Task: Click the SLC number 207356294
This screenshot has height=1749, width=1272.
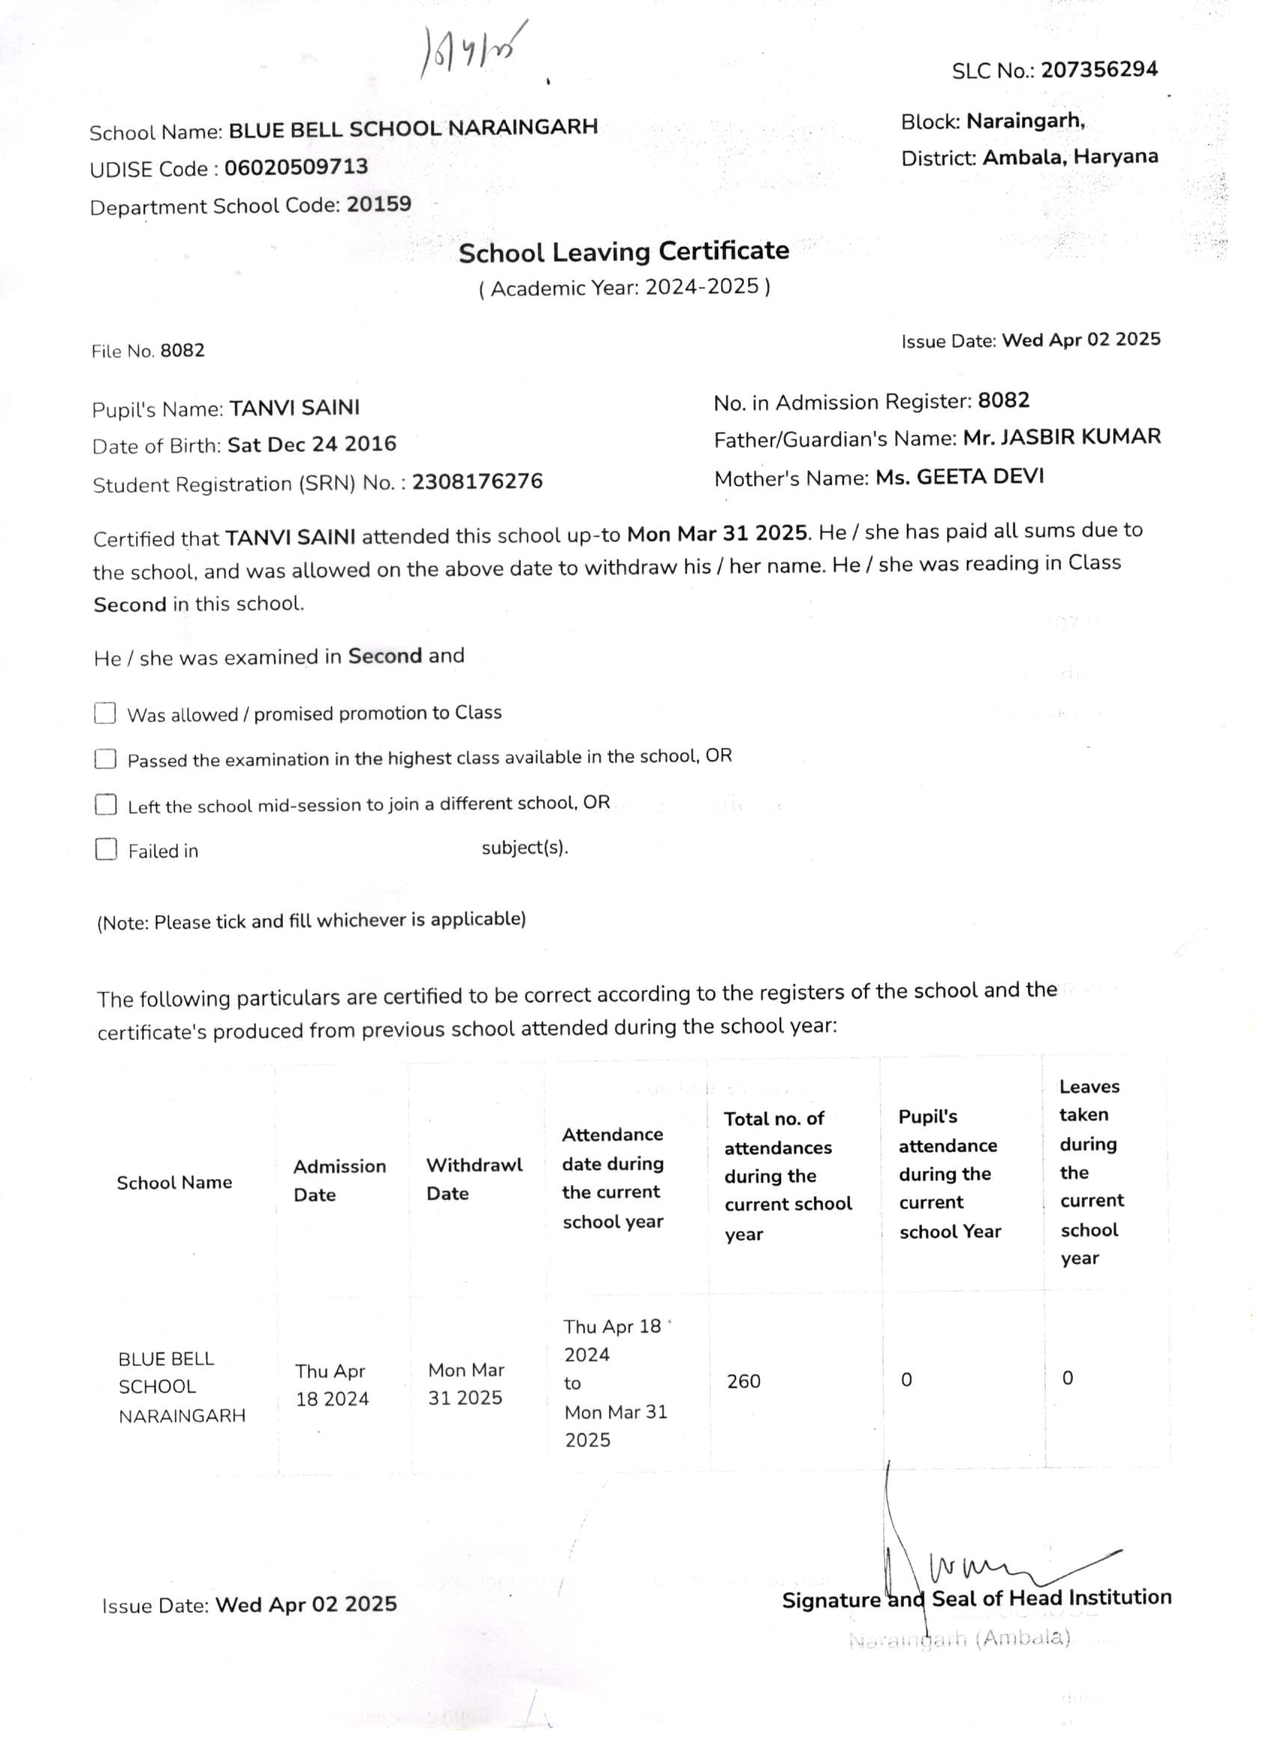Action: [1098, 70]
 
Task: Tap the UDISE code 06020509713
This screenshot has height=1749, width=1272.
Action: [296, 168]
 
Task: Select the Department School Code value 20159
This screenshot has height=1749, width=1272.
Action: [379, 204]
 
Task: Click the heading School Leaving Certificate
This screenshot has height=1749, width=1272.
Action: [623, 251]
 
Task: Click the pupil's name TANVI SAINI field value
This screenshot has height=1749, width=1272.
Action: [295, 407]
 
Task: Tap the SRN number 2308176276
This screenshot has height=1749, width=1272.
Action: [477, 481]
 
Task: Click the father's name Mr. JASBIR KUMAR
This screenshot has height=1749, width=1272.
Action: [1062, 436]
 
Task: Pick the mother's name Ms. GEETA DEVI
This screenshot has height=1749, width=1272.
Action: [958, 477]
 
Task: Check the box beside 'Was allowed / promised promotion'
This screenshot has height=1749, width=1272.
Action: [105, 713]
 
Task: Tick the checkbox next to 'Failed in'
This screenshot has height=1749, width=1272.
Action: [106, 849]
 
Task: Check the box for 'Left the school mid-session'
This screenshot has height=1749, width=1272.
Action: [106, 804]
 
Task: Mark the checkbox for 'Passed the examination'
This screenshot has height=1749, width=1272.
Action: [105, 759]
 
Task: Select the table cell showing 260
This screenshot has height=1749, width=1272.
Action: [743, 1380]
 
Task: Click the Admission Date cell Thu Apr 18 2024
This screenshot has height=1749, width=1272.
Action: [331, 1384]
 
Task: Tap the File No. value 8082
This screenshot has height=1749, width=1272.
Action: [182, 350]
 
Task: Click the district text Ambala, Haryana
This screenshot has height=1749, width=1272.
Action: [1070, 156]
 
